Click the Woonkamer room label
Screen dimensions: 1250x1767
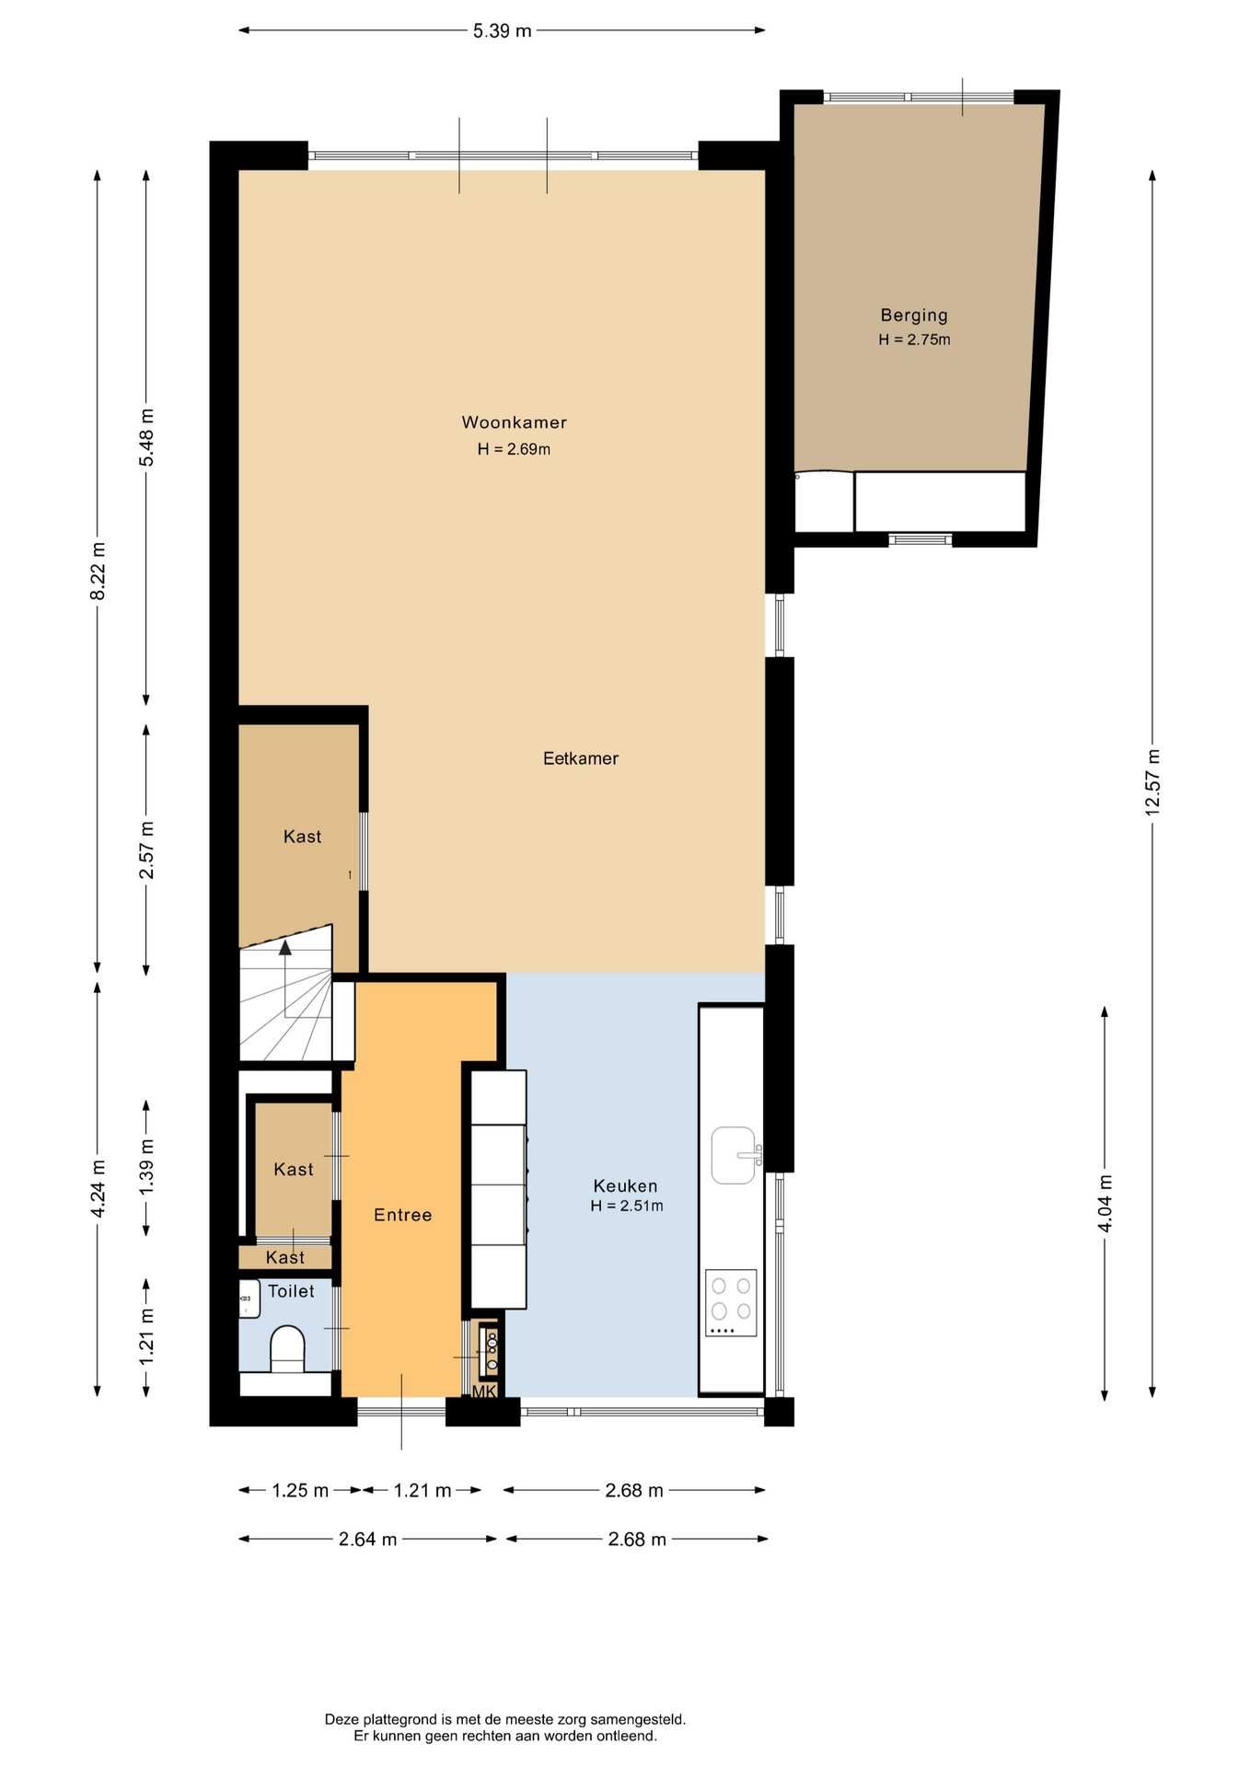tap(514, 422)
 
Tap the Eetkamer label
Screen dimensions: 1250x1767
tap(580, 758)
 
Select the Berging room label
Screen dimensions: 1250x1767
tap(914, 316)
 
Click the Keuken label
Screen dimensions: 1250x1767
tap(625, 1186)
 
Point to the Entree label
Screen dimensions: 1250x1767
tap(402, 1215)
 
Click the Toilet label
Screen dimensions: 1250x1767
tap(291, 1291)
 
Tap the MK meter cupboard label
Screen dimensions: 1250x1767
tap(484, 1392)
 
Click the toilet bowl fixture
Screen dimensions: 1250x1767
tap(287, 1349)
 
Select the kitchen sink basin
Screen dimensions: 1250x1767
tap(734, 1155)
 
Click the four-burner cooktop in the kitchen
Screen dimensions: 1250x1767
tap(731, 1303)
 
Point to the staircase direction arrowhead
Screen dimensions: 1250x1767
tap(285, 947)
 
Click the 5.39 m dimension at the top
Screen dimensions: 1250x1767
tap(503, 31)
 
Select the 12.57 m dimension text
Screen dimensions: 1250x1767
tap(1152, 782)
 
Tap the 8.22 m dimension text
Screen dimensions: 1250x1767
tap(98, 572)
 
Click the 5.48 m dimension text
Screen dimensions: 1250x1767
tap(146, 436)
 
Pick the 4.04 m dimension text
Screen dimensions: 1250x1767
tap(1105, 1204)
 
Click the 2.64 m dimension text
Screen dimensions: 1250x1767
tap(368, 1540)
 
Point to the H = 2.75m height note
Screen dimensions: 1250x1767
tap(914, 340)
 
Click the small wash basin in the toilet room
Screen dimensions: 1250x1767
tap(249, 1299)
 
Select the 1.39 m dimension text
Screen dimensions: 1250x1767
tap(146, 1167)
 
